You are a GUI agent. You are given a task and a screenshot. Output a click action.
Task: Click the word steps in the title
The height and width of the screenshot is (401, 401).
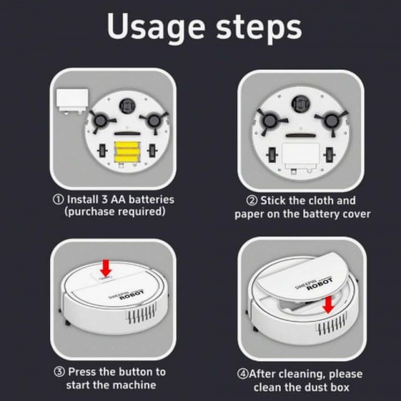coord(259,28)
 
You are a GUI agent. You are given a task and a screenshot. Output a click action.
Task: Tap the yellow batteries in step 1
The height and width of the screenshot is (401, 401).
coord(127,152)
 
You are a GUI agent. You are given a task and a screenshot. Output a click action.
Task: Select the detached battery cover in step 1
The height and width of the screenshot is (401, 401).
coord(73,101)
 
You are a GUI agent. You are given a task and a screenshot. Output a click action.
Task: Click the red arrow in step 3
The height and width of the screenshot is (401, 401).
coord(106,268)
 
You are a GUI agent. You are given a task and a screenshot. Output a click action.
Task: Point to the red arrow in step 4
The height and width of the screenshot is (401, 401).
coord(328,304)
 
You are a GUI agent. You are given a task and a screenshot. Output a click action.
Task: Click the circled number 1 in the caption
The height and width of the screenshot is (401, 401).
coord(58,199)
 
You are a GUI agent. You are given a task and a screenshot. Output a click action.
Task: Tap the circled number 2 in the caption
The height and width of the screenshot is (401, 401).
coord(252,200)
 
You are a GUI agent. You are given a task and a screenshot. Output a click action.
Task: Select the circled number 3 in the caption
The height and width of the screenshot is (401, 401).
coord(59,372)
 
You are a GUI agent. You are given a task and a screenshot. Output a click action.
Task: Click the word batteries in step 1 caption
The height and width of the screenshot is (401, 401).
coord(151,199)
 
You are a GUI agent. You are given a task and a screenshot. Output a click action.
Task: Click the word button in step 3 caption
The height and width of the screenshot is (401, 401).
coord(133,372)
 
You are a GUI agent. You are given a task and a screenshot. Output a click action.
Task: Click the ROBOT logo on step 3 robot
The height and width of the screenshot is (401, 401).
coord(132,295)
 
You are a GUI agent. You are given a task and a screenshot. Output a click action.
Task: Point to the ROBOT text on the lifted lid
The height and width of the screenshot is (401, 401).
coord(320,283)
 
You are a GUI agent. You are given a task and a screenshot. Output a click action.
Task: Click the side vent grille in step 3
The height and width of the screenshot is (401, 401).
coord(141,313)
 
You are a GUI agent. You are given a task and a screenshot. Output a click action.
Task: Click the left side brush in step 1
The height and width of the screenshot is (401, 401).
coord(100,121)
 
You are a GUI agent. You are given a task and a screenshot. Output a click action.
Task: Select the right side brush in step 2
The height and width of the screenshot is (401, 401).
coord(331,121)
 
